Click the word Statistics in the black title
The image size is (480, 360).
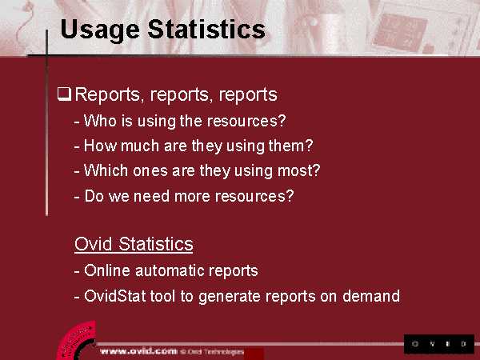tap(206, 30)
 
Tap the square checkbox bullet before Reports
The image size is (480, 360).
tap(64, 94)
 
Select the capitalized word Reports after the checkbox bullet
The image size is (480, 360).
tap(107, 95)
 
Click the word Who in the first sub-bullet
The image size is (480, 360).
tap(100, 121)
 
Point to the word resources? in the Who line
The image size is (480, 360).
tap(246, 122)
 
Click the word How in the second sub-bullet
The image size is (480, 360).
tap(100, 146)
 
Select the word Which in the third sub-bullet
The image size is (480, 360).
tap(106, 170)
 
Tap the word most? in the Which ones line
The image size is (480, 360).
tap(298, 170)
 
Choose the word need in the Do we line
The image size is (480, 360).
tap(151, 196)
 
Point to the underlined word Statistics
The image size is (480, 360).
tap(156, 244)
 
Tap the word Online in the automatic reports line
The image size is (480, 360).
tap(107, 270)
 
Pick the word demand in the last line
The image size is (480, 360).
tap(371, 296)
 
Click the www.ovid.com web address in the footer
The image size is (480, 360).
tap(138, 351)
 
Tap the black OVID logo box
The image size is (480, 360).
tap(439, 344)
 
